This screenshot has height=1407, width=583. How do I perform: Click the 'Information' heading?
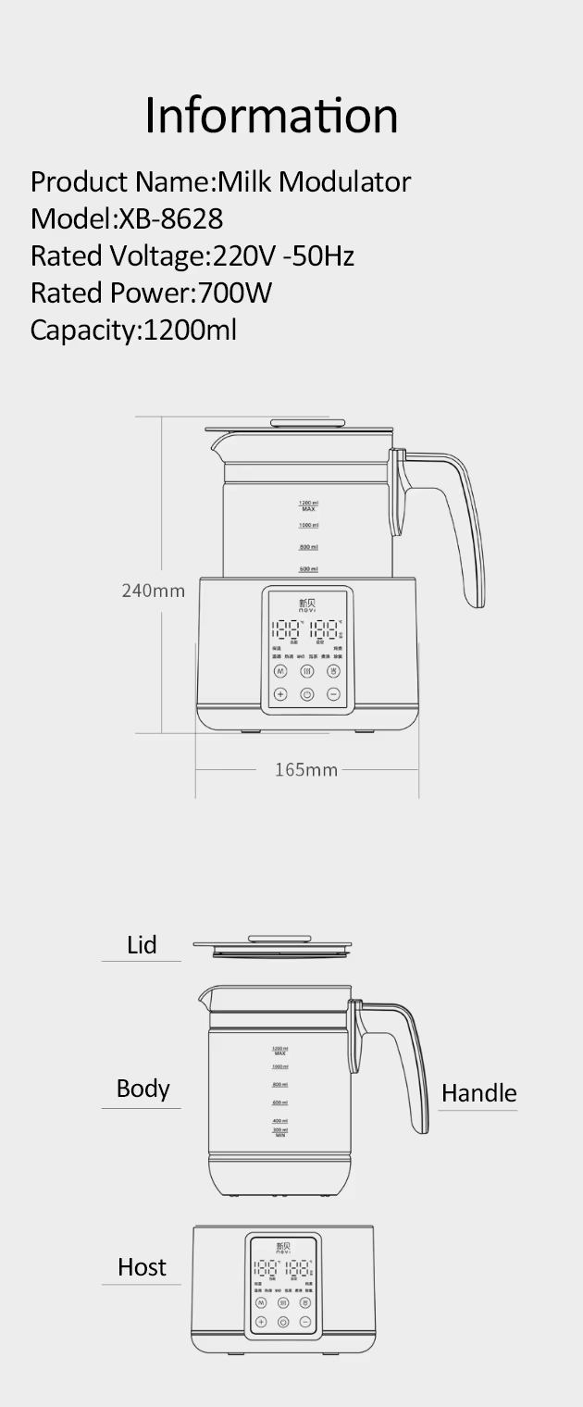[x=271, y=116]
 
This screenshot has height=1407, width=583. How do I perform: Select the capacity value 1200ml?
[x=189, y=330]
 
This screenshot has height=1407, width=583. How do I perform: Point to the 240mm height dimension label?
[x=154, y=591]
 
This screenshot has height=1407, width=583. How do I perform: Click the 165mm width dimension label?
[x=306, y=769]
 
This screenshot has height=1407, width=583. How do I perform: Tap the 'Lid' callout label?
[x=142, y=945]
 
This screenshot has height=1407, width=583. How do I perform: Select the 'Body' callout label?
[x=143, y=1089]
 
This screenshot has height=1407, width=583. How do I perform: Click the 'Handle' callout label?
[x=478, y=1093]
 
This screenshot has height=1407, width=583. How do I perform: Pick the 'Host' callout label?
[x=142, y=1267]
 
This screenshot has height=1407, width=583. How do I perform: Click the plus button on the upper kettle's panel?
[x=280, y=694]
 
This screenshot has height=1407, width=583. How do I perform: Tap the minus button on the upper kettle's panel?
[x=333, y=694]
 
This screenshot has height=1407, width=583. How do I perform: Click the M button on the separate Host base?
[x=261, y=1302]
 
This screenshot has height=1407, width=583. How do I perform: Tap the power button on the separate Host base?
[x=283, y=1323]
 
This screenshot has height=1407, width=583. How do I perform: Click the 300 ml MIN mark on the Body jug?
[x=279, y=1131]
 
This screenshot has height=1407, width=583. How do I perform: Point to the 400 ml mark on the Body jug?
[x=279, y=1120]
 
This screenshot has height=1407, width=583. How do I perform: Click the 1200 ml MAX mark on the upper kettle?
[x=308, y=504]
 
